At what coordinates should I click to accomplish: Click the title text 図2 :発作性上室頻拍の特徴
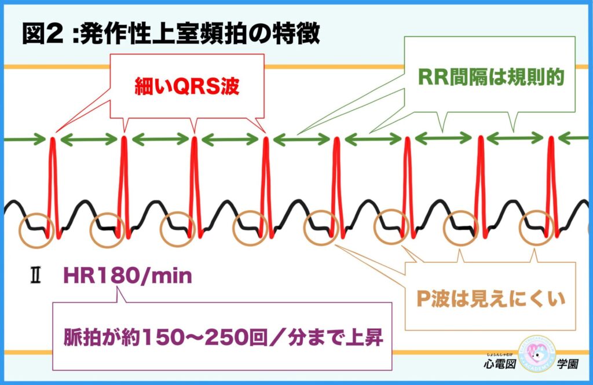point(171,34)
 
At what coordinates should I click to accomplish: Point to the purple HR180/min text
point(127,276)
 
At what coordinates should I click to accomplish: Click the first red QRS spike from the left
point(53,185)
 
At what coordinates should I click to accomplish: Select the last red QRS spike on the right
point(551,185)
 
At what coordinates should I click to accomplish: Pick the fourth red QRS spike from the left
point(266,185)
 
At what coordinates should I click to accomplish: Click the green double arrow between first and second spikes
point(89,139)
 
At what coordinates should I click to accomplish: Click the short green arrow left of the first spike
point(25,139)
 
